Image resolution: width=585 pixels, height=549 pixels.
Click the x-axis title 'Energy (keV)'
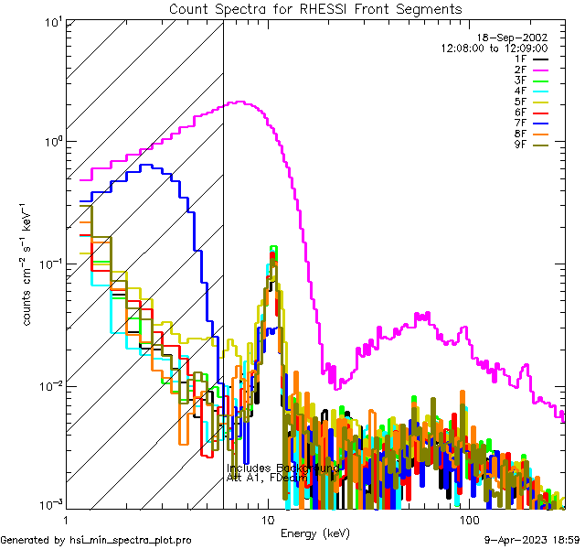[x=314, y=533]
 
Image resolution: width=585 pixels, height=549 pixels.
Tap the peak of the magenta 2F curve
[x=240, y=102]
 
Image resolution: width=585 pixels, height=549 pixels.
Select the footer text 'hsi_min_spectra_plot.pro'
[x=131, y=541]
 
